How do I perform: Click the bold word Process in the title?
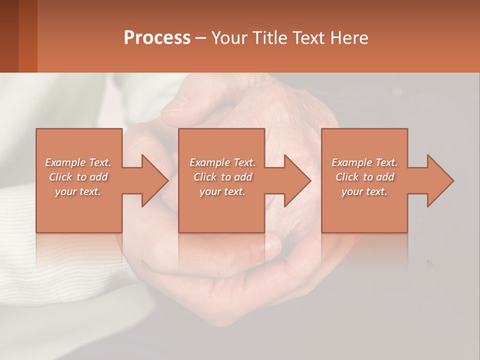157,38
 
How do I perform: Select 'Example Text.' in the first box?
78,162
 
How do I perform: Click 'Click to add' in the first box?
78,177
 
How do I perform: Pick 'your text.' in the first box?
78,191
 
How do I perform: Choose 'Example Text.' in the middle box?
222,162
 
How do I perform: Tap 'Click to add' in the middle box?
222,177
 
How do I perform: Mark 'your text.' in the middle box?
222,191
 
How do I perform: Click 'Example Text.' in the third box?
364,162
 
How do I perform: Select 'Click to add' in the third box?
364,177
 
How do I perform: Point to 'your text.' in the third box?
364,191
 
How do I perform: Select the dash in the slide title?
201,38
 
